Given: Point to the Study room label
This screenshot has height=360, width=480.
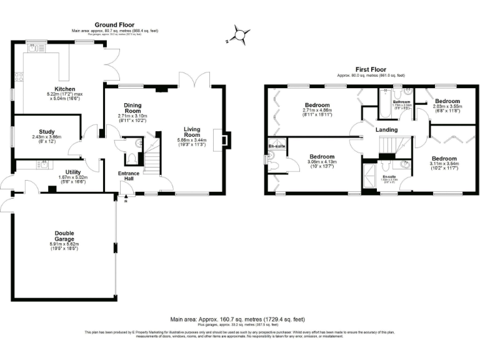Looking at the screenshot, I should [x=44, y=132].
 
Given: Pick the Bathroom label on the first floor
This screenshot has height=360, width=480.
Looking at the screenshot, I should [x=401, y=101].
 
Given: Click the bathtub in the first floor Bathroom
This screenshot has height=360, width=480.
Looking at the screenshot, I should [x=384, y=103].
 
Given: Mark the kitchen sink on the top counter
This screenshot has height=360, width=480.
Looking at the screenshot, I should [x=36, y=47].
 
